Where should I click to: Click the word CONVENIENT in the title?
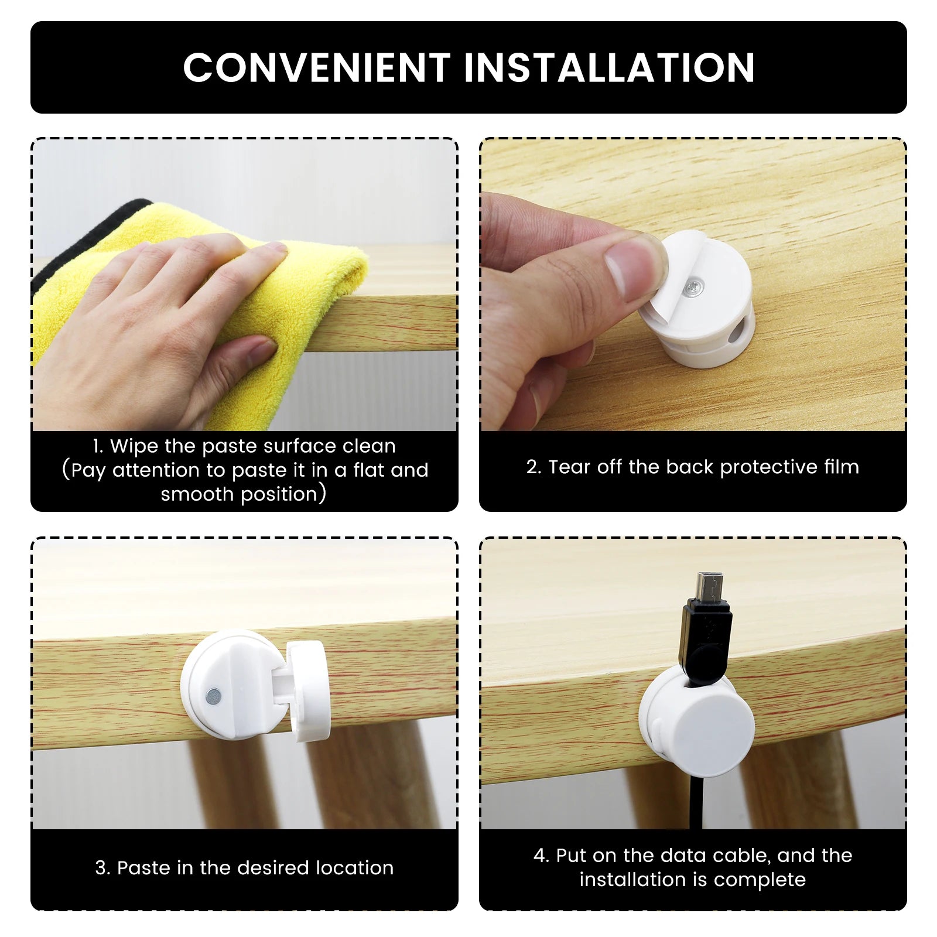tap(317, 67)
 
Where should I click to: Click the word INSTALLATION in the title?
tap(609, 67)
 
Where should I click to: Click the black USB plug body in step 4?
tap(706, 641)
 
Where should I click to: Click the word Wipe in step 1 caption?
tap(134, 447)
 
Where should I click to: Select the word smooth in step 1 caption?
tap(197, 494)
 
